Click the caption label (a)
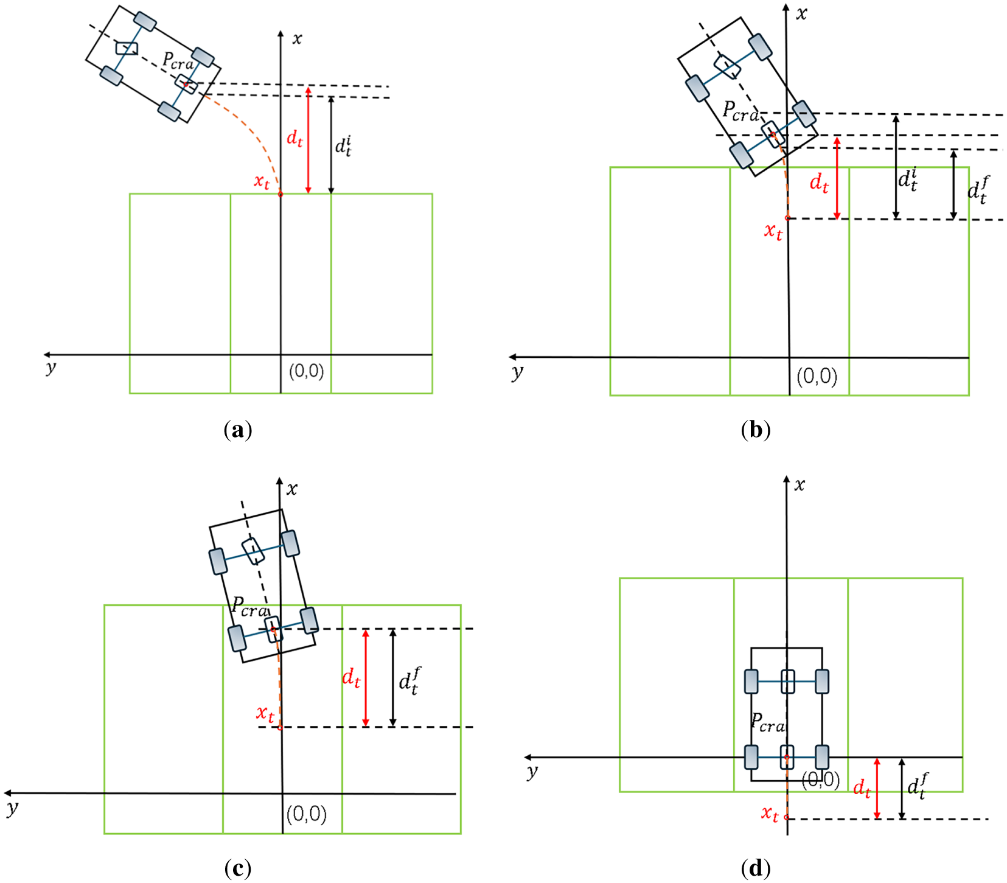[x=238, y=430]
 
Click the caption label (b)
[x=756, y=430]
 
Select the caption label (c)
[x=238, y=868]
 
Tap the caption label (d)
[x=756, y=868]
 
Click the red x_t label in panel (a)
[x=262, y=181]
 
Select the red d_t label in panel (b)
[x=819, y=183]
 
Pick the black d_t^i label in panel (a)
[x=344, y=146]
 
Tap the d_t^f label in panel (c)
[x=409, y=681]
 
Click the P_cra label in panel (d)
[x=768, y=722]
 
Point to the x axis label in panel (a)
[x=297, y=39]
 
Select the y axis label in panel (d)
[x=532, y=772]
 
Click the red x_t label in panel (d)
[x=770, y=814]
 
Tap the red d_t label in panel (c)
[x=351, y=677]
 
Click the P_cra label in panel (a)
[x=178, y=61]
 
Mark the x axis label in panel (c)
[x=292, y=489]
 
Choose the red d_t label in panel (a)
[x=294, y=138]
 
